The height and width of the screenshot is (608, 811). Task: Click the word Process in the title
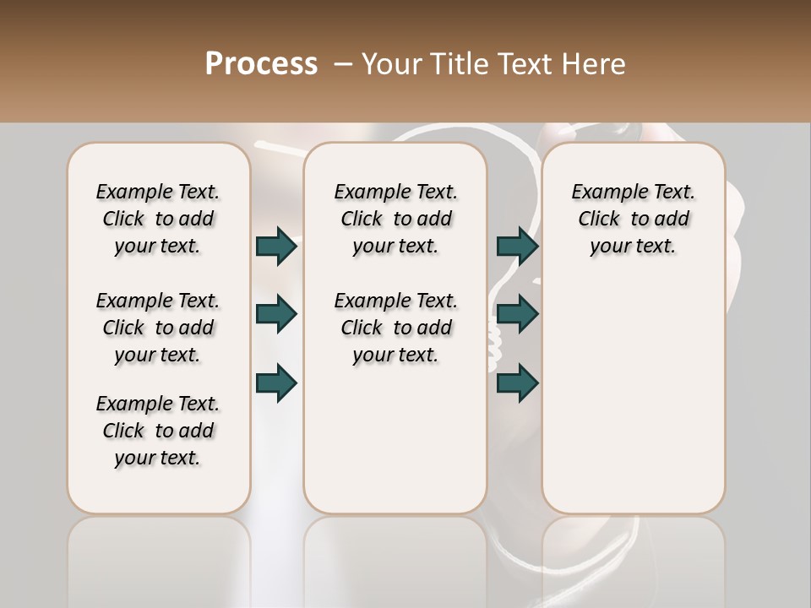click(261, 64)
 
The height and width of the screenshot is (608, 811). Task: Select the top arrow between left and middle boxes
click(276, 247)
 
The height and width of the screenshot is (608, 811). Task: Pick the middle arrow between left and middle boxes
click(276, 315)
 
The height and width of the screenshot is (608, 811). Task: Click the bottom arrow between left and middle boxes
click(276, 383)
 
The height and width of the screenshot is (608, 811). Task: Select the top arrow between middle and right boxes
click(517, 247)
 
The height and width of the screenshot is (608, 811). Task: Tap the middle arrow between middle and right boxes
click(517, 315)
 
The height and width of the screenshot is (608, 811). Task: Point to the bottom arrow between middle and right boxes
click(517, 383)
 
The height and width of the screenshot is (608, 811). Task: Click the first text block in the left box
click(158, 219)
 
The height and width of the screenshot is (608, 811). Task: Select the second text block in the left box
click(158, 328)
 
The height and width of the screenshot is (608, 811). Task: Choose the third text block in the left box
click(158, 431)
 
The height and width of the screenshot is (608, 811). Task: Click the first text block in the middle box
click(395, 219)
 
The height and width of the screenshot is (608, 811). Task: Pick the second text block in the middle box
click(395, 328)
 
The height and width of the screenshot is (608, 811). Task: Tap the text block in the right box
click(633, 219)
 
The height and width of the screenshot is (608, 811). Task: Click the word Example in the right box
click(603, 193)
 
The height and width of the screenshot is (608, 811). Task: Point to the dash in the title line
click(342, 64)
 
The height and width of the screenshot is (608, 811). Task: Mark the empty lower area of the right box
click(633, 397)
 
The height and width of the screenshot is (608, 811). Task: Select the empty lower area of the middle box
click(395, 439)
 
